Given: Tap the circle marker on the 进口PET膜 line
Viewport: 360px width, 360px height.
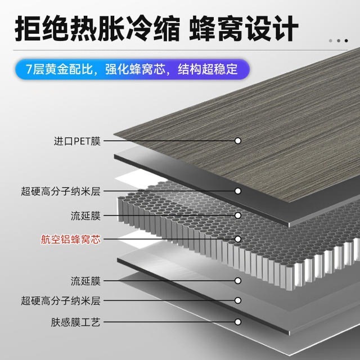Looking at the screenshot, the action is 238,141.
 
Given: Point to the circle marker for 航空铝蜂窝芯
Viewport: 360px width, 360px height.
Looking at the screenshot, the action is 238,239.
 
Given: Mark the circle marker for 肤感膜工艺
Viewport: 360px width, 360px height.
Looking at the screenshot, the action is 238,322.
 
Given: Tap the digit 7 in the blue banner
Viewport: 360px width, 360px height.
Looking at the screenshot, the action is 29,70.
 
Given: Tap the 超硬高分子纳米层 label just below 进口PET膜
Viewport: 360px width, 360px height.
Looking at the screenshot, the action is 61,191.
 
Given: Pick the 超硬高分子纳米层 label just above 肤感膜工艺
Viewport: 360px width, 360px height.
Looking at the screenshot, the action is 61,301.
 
